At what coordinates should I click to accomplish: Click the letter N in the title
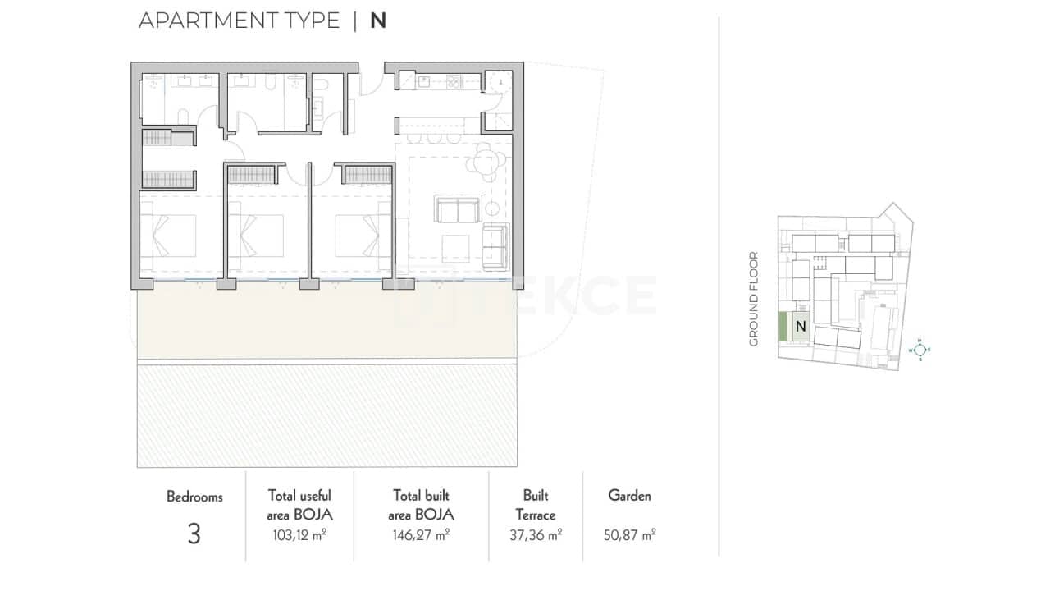tap(378, 21)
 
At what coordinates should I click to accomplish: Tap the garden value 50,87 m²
tap(630, 535)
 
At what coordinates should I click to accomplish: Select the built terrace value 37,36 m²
tap(535, 535)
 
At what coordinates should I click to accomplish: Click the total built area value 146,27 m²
tap(421, 535)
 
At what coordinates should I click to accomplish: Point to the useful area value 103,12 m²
tap(299, 535)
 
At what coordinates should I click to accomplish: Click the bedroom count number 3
tap(194, 534)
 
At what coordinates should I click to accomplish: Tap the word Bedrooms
tap(194, 497)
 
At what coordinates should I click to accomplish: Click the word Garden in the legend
tap(630, 496)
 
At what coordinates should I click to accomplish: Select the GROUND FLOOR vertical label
tap(754, 299)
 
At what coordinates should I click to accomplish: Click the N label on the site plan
tap(801, 326)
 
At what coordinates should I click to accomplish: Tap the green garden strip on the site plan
tap(783, 327)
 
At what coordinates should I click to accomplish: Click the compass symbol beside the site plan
tap(920, 350)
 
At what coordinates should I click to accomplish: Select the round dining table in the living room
tap(487, 162)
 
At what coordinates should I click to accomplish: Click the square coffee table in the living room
tap(455, 247)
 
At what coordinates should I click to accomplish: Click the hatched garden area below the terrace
tap(326, 415)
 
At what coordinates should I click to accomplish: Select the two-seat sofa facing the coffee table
tap(458, 209)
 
